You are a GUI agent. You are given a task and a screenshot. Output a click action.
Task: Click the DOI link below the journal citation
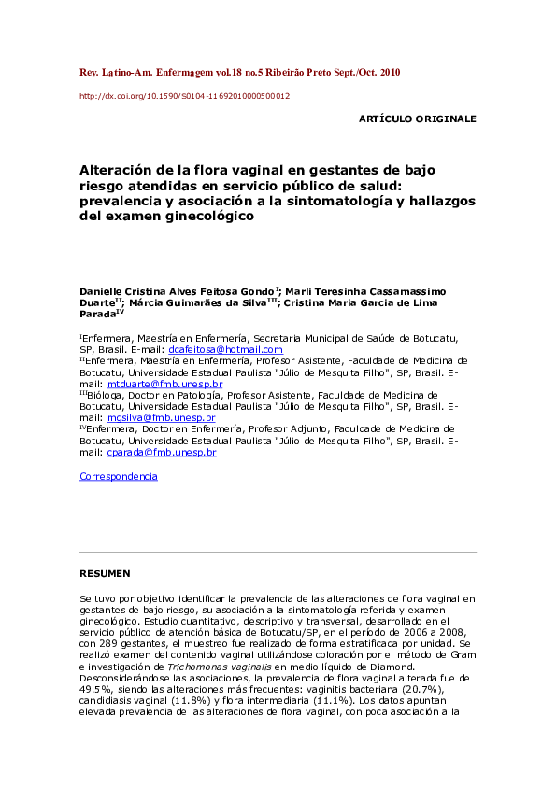[x=184, y=96]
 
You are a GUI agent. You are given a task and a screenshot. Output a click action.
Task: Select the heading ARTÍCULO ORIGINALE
[x=417, y=119]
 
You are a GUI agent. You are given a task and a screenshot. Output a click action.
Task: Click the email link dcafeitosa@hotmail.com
[x=232, y=350]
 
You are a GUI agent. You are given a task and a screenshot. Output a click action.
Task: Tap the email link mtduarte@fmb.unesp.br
[x=164, y=384]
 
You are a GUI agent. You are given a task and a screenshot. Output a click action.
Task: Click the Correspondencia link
[x=119, y=476]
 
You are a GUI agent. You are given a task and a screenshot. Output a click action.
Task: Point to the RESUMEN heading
[x=105, y=572]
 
